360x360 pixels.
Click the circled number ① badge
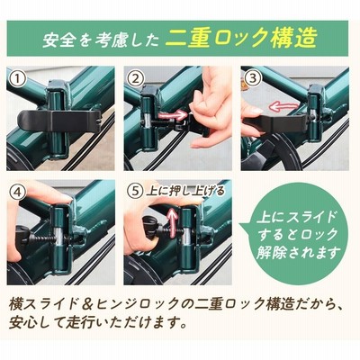[19, 79]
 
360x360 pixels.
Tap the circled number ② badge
[136, 79]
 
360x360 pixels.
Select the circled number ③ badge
[253, 78]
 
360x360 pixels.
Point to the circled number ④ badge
[19, 193]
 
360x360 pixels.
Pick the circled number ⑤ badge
[136, 191]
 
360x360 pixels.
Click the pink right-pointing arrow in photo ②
[172, 115]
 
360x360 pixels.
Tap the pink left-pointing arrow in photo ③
[283, 105]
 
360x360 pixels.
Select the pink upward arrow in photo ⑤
[172, 222]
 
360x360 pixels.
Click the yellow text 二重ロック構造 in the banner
[241, 39]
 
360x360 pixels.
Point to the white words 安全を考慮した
[101, 40]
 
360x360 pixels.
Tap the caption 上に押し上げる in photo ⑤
[185, 191]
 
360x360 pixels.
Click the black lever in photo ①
[58, 121]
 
